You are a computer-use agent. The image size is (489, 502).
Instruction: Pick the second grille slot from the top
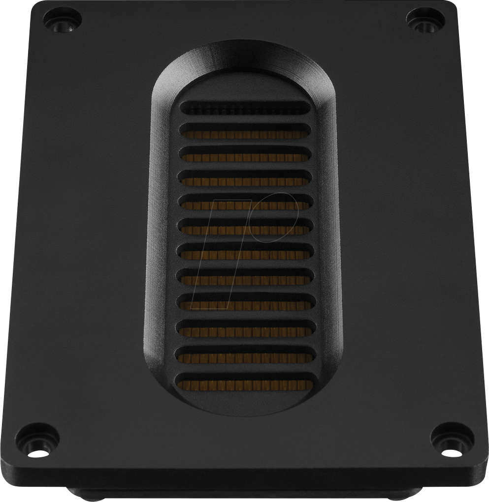coord(245,131)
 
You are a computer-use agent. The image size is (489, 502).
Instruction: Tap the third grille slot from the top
coord(245,155)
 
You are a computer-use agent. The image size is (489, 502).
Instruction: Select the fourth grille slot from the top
coord(245,178)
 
